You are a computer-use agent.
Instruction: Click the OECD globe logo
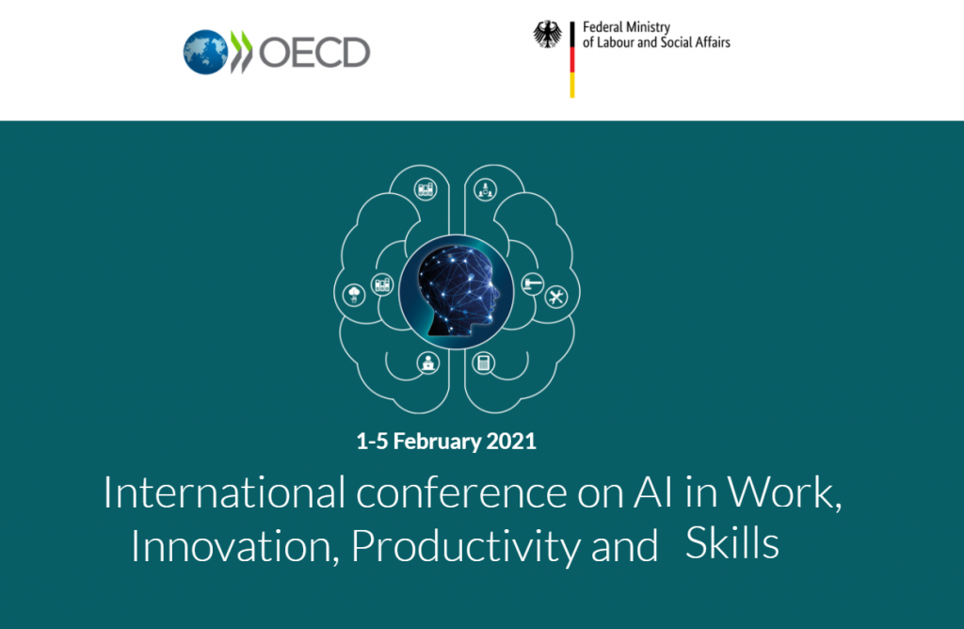pos(206,53)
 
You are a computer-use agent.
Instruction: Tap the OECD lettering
pos(314,53)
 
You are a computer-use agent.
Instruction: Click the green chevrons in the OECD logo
pos(241,53)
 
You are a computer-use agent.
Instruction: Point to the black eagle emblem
pos(547,35)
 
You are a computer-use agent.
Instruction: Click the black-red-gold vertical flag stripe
pos(572,59)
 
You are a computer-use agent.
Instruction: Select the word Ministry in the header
pos(648,27)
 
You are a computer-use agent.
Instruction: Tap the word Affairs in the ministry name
pos(713,42)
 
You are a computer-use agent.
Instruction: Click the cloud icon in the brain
pos(354,295)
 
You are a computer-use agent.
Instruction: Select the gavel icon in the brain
pos(533,284)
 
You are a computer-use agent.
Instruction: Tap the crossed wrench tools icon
pos(556,297)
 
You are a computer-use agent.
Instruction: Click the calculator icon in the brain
pos(483,363)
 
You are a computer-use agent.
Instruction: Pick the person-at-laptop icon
pos(428,363)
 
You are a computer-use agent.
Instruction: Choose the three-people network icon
pos(485,190)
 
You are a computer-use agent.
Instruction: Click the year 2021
pos(511,442)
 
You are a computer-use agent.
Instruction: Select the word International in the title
pos(224,492)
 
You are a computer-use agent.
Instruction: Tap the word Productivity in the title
pos(465,547)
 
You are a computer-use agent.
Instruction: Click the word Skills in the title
pos(732,543)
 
